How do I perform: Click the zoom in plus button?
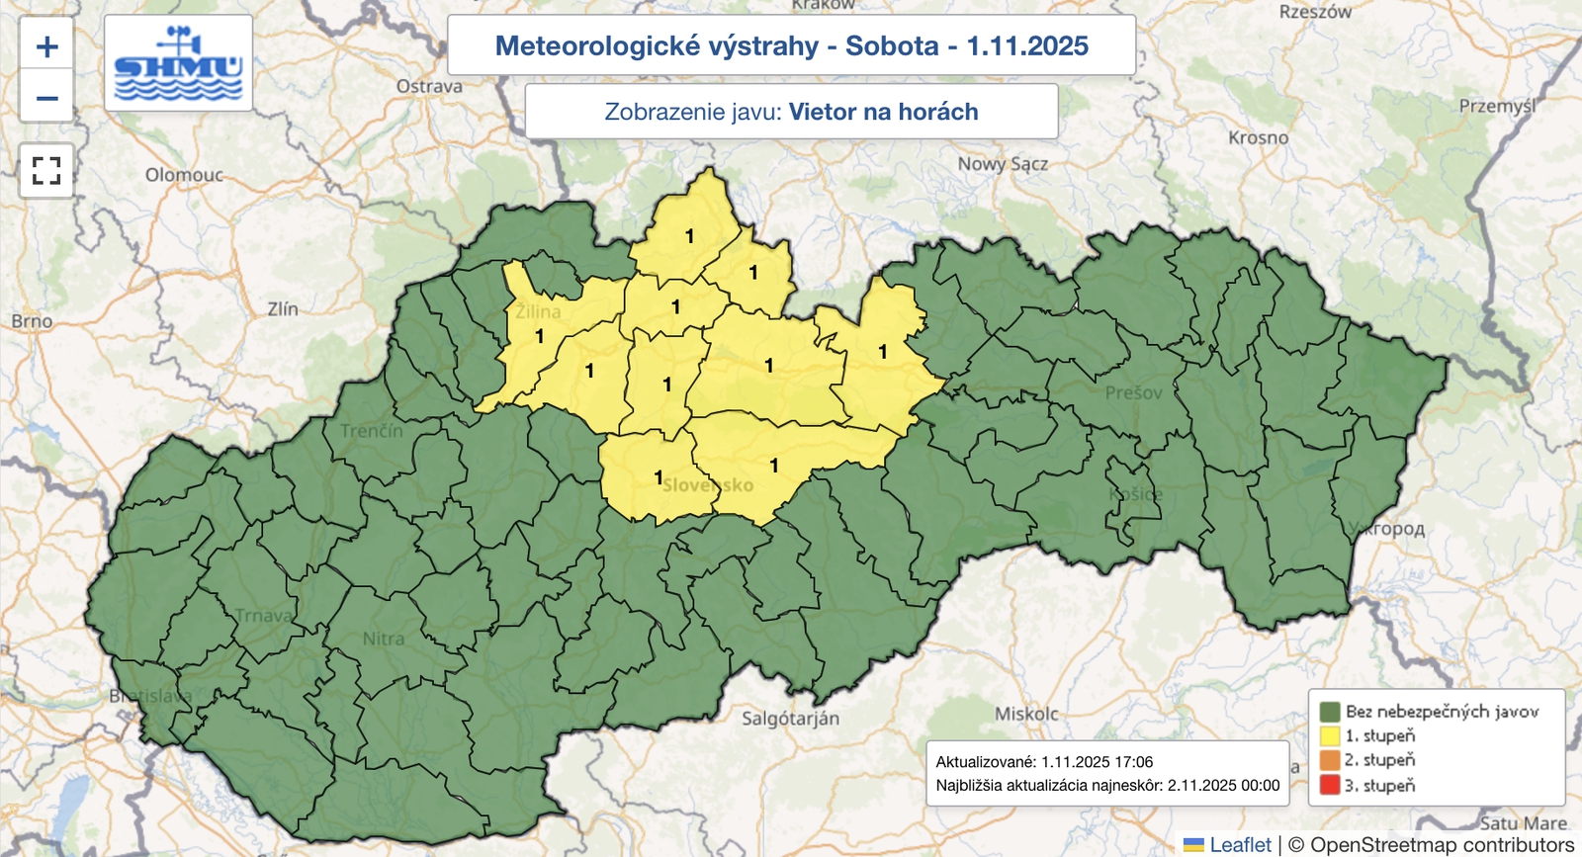point(46,46)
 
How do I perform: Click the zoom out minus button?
point(46,98)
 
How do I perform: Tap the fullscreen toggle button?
point(46,170)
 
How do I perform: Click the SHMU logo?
point(178,63)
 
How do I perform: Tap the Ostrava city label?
point(429,87)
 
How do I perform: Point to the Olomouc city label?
point(184,175)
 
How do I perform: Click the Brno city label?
point(32,321)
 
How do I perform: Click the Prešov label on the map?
point(1133,393)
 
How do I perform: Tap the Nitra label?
point(383,640)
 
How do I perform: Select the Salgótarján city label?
point(790,719)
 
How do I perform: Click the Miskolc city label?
point(1025,714)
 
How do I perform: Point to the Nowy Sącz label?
point(1002,164)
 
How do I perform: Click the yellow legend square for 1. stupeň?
point(1329,735)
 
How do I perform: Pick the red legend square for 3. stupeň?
point(1329,786)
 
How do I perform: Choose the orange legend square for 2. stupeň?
point(1329,760)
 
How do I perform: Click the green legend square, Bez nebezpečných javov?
point(1329,711)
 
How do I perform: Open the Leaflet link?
point(1240,845)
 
